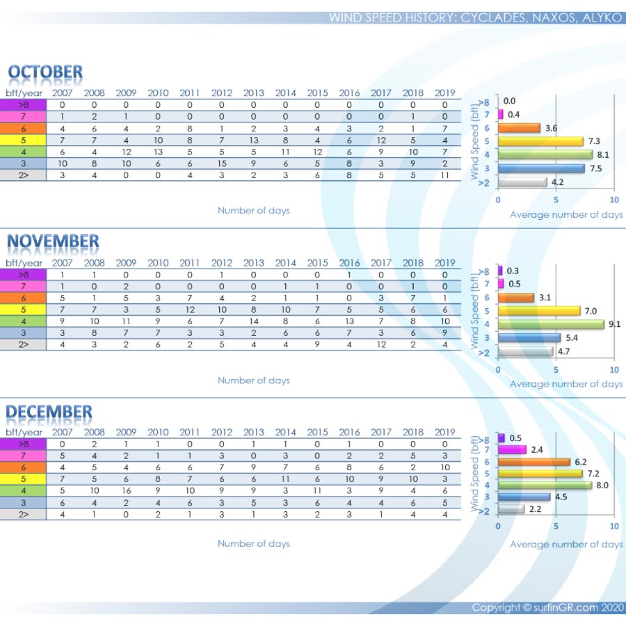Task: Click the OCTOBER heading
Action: pos(45,72)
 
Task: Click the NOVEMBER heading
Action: pos(53,241)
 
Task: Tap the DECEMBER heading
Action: pos(49,412)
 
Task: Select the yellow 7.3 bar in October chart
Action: pos(540,141)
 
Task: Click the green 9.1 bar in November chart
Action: pos(550,324)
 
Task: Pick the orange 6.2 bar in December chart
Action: pos(533,462)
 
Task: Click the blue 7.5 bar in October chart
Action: pos(540,168)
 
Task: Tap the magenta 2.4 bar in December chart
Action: pos(511,450)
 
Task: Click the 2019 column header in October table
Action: pos(444,93)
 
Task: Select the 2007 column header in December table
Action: pos(62,432)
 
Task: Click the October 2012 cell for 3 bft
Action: pos(222,163)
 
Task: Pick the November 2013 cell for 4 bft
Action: pos(254,321)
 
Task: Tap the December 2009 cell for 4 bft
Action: pos(126,490)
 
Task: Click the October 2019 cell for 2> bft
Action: pos(444,175)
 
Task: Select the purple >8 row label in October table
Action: pos(23,105)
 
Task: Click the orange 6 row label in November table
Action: pos(23,298)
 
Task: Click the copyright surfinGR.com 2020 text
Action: pos(547,607)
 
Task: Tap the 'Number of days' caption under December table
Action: pos(253,543)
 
